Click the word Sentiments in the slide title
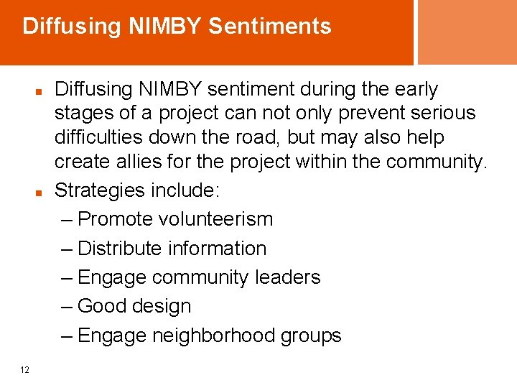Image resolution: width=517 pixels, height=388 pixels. pos(270,27)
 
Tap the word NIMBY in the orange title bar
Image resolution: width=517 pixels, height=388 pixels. pos(165,27)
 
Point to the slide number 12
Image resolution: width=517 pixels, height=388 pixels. pos(25,370)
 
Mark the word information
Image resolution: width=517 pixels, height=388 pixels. pos(217,249)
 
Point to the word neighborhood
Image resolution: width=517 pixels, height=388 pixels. pos(213,336)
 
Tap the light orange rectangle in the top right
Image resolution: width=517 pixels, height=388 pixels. pos(467,32)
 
